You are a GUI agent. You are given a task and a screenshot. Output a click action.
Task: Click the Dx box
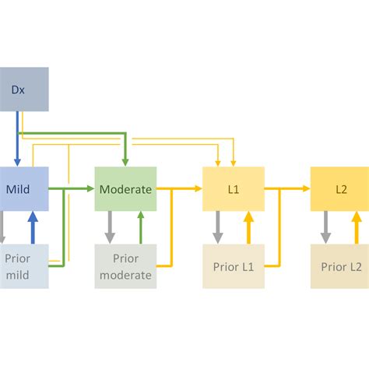pyautogui.click(x=23, y=88)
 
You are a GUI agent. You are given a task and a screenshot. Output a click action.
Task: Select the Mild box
pyautogui.click(x=23, y=188)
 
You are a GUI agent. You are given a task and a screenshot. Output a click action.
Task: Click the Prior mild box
pyautogui.click(x=23, y=265)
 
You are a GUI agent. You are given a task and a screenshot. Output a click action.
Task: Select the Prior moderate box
pyautogui.click(x=125, y=265)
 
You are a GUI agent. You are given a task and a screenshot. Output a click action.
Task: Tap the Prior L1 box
pyautogui.click(x=233, y=265)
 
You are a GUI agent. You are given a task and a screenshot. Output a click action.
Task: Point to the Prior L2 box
pyautogui.click(x=340, y=265)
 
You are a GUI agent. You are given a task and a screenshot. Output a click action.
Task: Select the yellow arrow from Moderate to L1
pyautogui.click(x=179, y=188)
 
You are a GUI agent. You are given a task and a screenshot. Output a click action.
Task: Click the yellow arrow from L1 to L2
pyautogui.click(x=287, y=188)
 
